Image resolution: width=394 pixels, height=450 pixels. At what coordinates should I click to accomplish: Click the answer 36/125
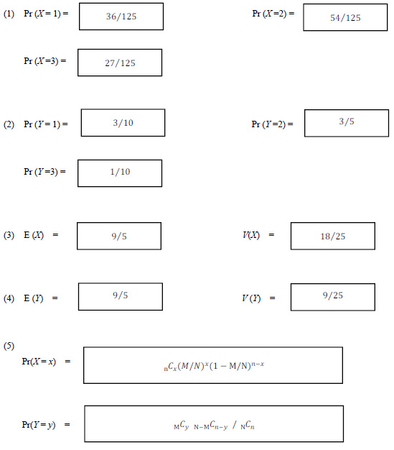[x=121, y=17]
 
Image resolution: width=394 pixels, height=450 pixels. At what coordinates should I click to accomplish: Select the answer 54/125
[x=345, y=18]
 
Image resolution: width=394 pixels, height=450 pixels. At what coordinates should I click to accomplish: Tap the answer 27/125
[x=120, y=63]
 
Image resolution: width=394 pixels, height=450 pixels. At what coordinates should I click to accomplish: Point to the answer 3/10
[x=123, y=123]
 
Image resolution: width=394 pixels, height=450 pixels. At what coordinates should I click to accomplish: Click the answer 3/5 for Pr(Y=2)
[x=347, y=121]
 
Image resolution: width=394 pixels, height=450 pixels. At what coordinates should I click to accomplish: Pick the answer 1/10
[x=120, y=172]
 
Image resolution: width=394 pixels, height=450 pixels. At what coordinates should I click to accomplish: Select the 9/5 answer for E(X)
[x=119, y=237]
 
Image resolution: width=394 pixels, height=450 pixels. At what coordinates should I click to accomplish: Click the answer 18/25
[x=333, y=237]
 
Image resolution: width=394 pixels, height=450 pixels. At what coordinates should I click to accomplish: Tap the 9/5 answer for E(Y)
[x=121, y=295]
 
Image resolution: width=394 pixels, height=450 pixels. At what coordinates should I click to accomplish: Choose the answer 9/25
[x=333, y=295]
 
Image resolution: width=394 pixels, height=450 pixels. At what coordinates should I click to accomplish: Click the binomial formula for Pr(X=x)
[x=214, y=366]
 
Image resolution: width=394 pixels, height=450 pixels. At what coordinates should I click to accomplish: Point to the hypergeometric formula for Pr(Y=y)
[x=214, y=425]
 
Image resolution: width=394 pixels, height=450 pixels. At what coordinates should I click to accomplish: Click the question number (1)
[x=9, y=14]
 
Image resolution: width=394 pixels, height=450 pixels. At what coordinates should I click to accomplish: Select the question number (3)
[x=9, y=235]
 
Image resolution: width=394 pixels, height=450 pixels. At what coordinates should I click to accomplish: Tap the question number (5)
[x=9, y=346]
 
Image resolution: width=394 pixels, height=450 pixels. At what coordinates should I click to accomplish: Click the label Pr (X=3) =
[x=45, y=61]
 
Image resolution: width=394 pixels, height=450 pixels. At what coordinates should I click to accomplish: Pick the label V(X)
[x=251, y=235]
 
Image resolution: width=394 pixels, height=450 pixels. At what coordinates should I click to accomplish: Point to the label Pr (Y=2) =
[x=272, y=124]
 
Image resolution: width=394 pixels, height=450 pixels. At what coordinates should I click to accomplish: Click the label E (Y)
[x=34, y=298]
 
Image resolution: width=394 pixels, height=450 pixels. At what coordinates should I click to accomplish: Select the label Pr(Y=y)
[x=39, y=424]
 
